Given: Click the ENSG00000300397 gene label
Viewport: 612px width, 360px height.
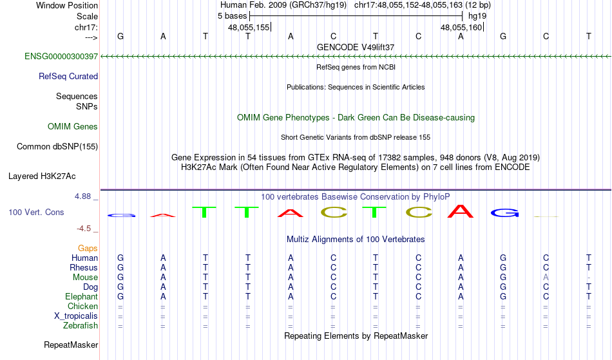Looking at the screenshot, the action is [61, 56].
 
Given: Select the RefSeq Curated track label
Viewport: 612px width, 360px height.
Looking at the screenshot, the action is [68, 76].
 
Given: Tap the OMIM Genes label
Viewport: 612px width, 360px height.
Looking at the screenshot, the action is [73, 126].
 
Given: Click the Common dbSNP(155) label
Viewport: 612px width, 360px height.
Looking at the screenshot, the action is [57, 146].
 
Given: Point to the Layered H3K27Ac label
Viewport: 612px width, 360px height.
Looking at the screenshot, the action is [42, 176].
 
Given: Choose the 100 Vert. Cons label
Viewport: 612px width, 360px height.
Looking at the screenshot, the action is [36, 212].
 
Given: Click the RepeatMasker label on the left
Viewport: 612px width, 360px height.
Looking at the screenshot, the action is [71, 345].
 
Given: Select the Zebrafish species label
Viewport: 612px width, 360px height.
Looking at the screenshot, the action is [81, 325].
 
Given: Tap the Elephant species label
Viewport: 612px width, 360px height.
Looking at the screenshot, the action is [81, 296].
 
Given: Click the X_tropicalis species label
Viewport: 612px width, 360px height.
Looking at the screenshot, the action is [76, 316].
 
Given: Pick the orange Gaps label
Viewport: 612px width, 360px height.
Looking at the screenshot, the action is [88, 248].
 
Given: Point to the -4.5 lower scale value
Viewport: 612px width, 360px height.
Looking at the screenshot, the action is [84, 228].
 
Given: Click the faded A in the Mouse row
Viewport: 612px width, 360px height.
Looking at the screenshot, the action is [546, 278].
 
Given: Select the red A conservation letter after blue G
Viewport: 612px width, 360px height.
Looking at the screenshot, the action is [163, 215].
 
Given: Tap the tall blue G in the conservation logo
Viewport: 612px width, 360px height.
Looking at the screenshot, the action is [504, 213].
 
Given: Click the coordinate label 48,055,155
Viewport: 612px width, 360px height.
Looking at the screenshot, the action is [249, 27].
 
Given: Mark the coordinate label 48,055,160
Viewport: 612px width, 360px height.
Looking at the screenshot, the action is [461, 27].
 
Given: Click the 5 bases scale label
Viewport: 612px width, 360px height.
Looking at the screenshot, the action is [232, 16].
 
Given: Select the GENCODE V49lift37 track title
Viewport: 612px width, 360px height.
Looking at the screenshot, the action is [356, 47].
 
